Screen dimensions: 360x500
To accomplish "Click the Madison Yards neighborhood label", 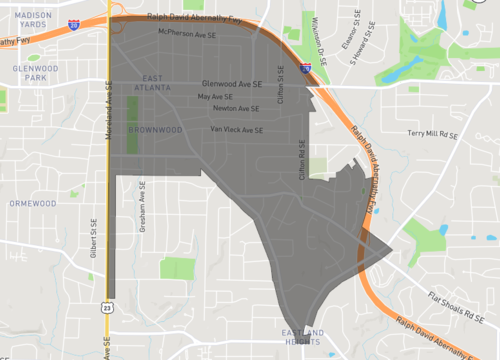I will [34, 21].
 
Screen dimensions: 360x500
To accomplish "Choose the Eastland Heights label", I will [303, 337].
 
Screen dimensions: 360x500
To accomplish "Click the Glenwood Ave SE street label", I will [232, 84].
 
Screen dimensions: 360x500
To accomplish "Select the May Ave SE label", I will [215, 97].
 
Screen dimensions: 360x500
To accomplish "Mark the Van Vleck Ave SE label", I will [237, 130].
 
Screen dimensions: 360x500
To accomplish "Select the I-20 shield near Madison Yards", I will [74, 24].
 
